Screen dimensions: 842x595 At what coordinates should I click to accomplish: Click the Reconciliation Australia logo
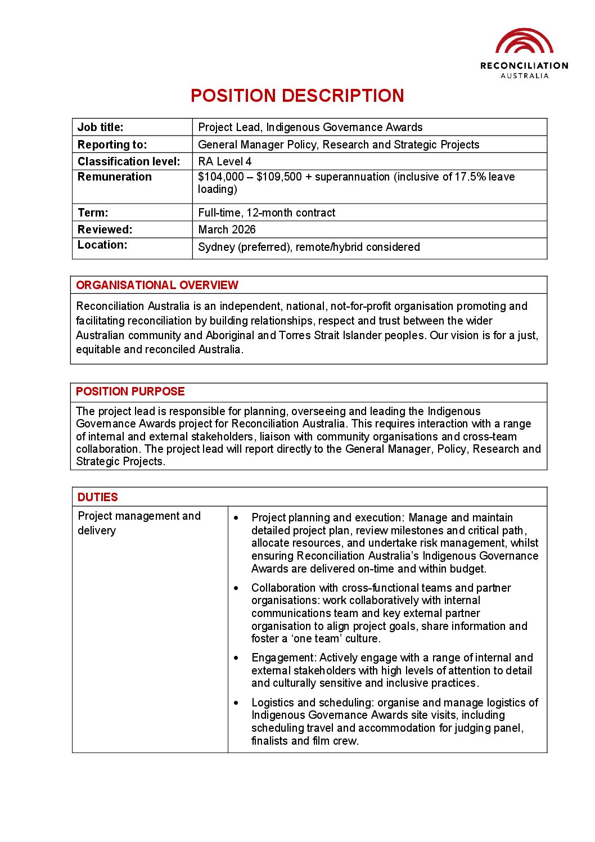[524, 53]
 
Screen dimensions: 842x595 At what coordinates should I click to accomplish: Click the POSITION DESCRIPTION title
[297, 96]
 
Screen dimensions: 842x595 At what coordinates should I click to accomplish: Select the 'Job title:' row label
[101, 127]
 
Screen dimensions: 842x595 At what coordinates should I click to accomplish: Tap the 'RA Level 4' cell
[225, 161]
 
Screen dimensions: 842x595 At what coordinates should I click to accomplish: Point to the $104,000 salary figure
[221, 177]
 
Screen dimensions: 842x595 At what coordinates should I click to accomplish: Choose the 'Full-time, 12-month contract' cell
[267, 213]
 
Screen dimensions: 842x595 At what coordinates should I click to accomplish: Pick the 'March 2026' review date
[227, 229]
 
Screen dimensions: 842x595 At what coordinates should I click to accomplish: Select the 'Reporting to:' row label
[112, 145]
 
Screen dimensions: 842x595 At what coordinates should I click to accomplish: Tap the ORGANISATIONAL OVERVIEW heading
[157, 285]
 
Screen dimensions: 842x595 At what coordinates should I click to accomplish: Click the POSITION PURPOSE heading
[130, 391]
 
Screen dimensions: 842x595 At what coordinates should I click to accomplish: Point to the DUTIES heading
[97, 497]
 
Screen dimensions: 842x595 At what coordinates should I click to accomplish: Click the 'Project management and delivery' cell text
[139, 523]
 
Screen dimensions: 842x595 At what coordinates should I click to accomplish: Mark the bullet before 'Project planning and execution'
[236, 517]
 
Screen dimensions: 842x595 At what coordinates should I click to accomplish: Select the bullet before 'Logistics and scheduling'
[236, 703]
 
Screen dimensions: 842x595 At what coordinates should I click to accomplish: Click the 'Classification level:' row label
[129, 161]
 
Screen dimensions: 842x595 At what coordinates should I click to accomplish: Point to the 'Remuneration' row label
[115, 177]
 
